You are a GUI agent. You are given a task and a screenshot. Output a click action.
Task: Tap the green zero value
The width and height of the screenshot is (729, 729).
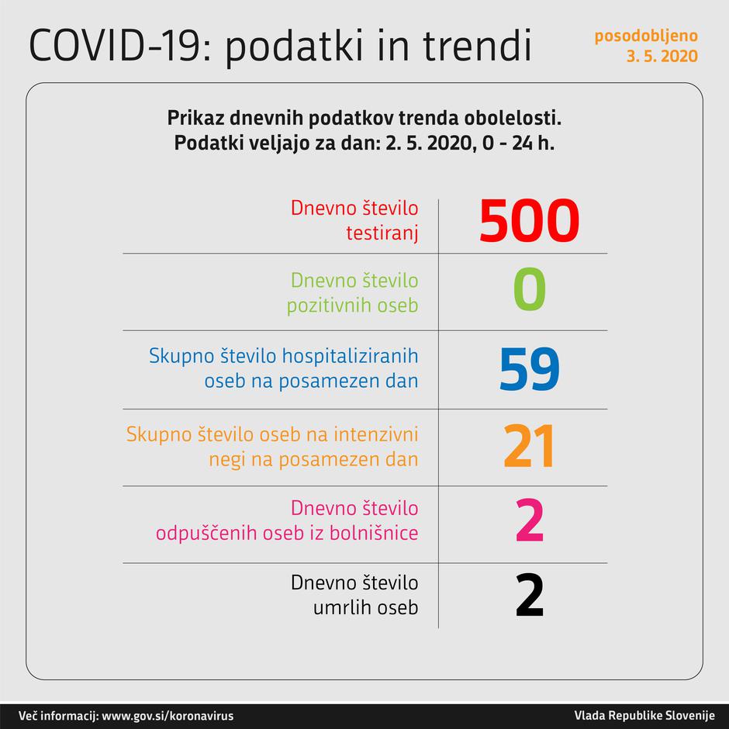pyautogui.click(x=529, y=291)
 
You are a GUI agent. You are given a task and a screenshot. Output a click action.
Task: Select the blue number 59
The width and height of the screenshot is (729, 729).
pyautogui.click(x=529, y=369)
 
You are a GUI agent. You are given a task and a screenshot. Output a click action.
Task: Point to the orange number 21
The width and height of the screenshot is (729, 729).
pyautogui.click(x=529, y=447)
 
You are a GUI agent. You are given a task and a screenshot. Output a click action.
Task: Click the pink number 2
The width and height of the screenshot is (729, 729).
pyautogui.click(x=529, y=521)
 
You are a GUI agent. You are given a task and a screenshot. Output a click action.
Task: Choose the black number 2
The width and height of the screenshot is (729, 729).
pyautogui.click(x=529, y=596)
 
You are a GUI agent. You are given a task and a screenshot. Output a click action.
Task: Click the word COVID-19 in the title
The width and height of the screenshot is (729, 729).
pyautogui.click(x=116, y=47)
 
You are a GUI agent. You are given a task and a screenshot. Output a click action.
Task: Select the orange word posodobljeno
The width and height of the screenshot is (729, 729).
pyautogui.click(x=645, y=36)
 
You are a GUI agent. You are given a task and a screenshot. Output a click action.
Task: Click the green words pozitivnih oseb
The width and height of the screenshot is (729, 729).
pyautogui.click(x=352, y=305)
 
